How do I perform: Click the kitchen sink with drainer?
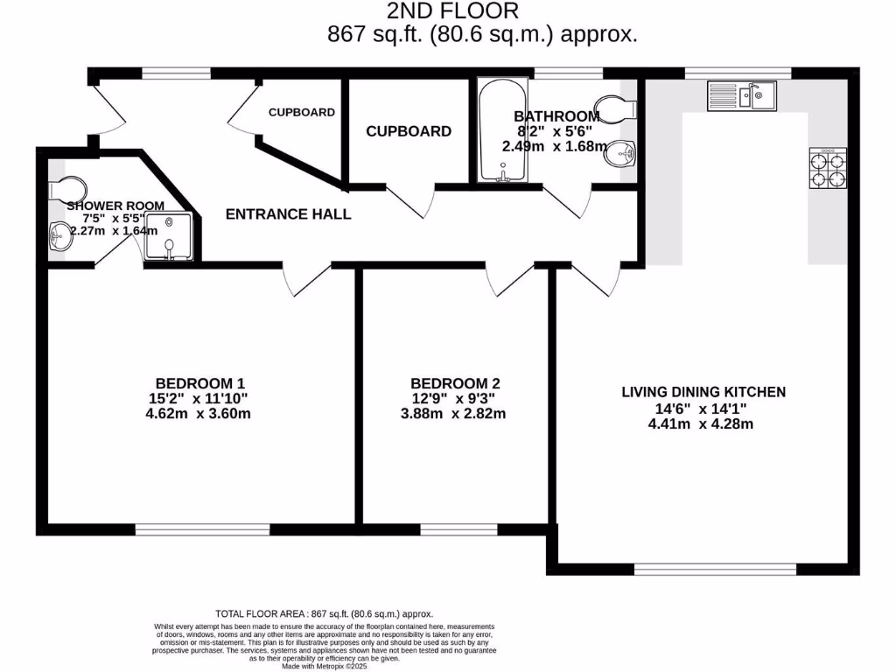pyautogui.click(x=741, y=94)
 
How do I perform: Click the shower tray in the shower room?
pyautogui.click(x=167, y=235)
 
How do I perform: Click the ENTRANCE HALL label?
pyautogui.click(x=288, y=213)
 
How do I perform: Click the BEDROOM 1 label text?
pyautogui.click(x=199, y=382)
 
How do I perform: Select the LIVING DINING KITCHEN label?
pyautogui.click(x=703, y=392)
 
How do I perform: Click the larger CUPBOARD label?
pyautogui.click(x=409, y=131)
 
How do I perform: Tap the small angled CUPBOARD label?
pyautogui.click(x=301, y=112)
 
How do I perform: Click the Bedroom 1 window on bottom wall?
pyautogui.click(x=202, y=528)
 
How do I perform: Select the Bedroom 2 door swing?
pyautogui.click(x=505, y=282)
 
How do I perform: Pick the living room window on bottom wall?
pyautogui.click(x=715, y=570)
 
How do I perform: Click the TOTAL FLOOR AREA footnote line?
pyautogui.click(x=324, y=614)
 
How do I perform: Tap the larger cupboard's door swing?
pyautogui.click(x=411, y=202)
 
